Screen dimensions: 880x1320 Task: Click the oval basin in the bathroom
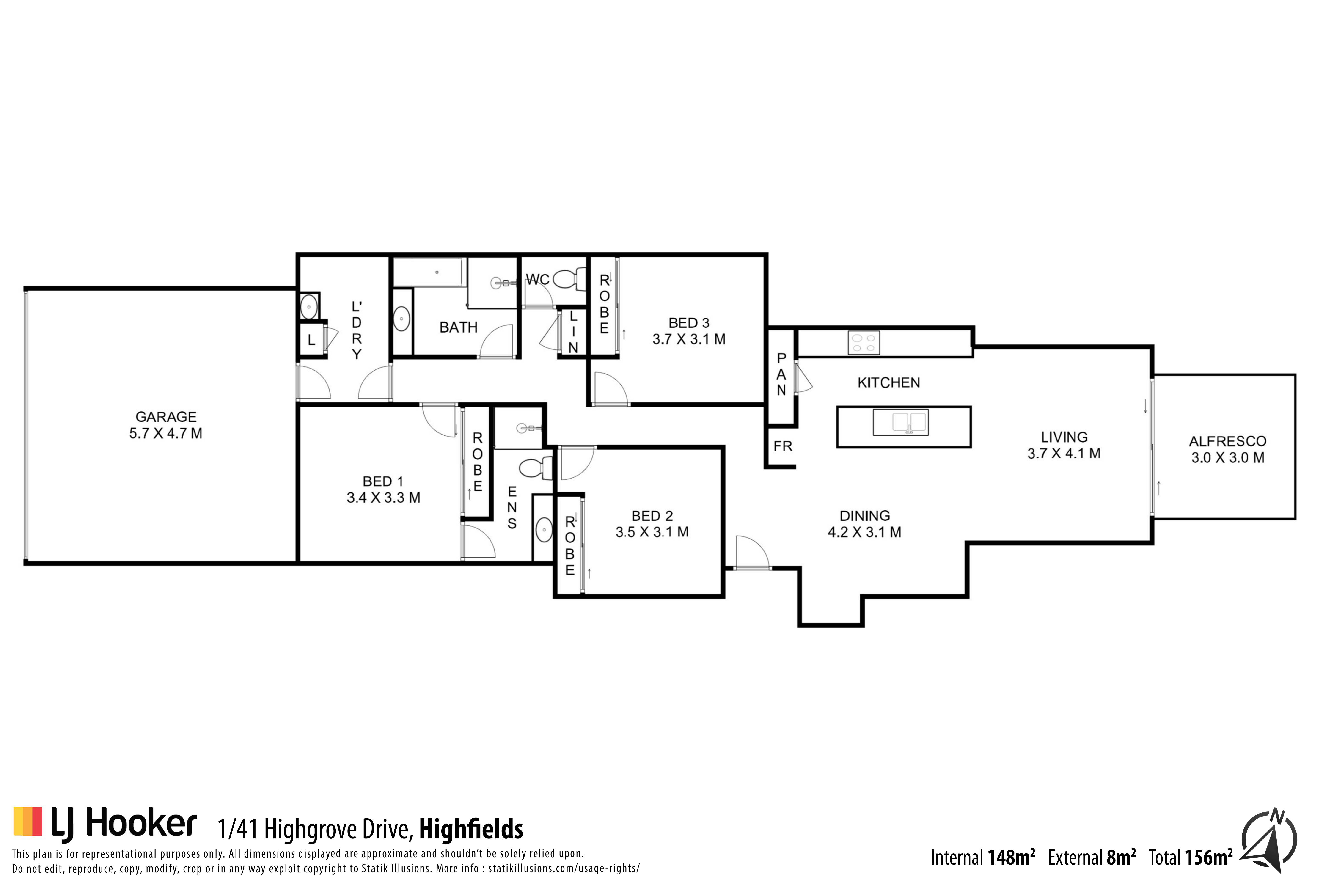pos(401,319)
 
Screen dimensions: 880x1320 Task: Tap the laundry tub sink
pos(309,307)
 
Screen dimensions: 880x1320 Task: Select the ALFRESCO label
pos(1227,441)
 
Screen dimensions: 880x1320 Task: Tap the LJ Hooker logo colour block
pos(27,821)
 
